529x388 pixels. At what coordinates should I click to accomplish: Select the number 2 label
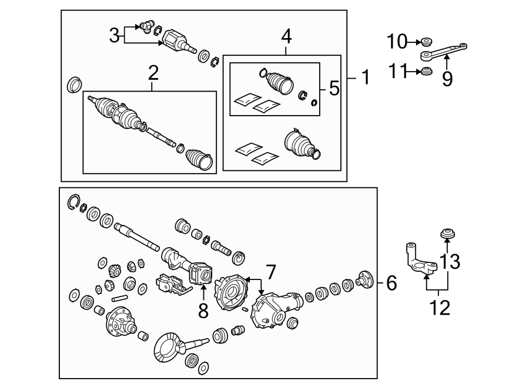click(153, 73)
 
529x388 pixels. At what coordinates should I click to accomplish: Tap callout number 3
click(114, 35)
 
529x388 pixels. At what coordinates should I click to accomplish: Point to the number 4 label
click(286, 36)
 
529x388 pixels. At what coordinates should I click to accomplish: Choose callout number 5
click(334, 89)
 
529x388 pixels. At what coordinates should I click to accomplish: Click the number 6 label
click(391, 284)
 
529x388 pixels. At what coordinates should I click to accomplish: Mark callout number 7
click(270, 272)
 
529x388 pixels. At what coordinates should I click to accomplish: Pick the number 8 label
click(203, 310)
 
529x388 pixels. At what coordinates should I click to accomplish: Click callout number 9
click(447, 78)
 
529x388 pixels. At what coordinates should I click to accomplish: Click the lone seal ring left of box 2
click(75, 84)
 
